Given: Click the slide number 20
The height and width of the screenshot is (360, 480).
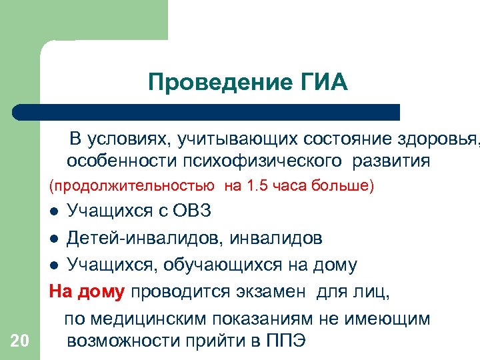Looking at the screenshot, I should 20,341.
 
